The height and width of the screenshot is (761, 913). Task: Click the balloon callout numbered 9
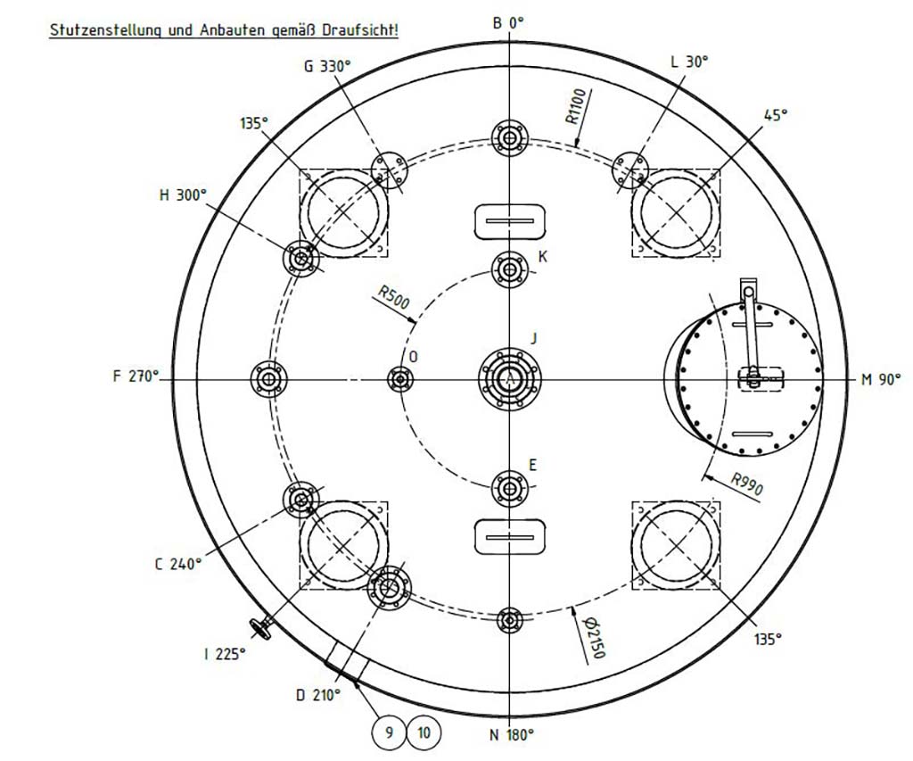(x=389, y=732)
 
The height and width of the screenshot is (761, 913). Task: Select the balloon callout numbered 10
(x=424, y=732)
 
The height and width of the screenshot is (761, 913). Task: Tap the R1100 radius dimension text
(x=578, y=107)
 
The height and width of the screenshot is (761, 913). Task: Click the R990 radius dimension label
(x=747, y=484)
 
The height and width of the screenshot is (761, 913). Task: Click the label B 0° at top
(x=508, y=22)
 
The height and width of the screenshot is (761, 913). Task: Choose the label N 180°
(x=511, y=735)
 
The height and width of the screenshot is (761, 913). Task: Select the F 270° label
(x=136, y=376)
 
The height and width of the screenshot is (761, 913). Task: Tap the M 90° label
(x=881, y=380)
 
